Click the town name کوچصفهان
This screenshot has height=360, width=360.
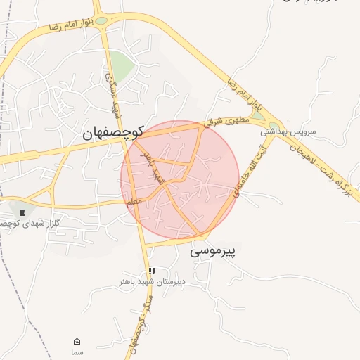[x=113, y=131]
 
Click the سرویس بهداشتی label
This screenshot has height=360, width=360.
[x=288, y=131]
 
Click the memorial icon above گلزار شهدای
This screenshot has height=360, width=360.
[x=22, y=212]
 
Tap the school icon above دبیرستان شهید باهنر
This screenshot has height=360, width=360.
[x=152, y=271]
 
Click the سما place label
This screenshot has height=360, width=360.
[x=77, y=351]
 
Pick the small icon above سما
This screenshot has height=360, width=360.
[x=77, y=341]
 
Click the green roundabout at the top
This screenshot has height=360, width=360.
[x=102, y=21]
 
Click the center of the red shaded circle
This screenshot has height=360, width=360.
[x=181, y=180]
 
